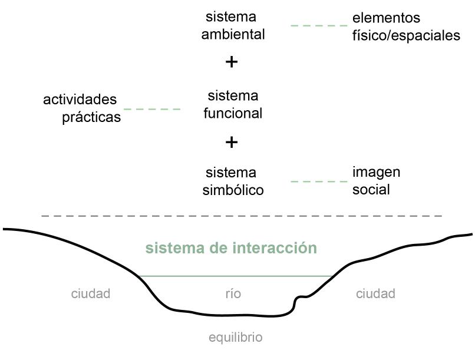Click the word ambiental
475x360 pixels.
(233, 35)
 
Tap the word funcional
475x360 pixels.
(233, 113)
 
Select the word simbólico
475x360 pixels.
(233, 190)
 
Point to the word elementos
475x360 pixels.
(386, 18)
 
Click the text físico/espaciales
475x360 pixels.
(406, 36)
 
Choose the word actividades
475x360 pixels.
(80, 100)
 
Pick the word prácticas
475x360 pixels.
(91, 117)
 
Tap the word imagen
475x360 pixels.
(376, 172)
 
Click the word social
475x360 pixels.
(371, 190)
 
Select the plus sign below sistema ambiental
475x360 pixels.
(232, 62)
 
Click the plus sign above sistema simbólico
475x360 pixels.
(232, 142)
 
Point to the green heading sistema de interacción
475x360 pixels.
(231, 248)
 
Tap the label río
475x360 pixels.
(233, 293)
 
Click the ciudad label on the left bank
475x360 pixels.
(91, 293)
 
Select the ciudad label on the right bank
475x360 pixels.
(375, 293)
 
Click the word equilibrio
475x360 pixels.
(235, 338)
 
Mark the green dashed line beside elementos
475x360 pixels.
(319, 26)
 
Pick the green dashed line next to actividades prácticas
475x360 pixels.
(152, 109)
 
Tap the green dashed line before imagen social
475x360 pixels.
(319, 181)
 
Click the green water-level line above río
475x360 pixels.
(236, 276)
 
